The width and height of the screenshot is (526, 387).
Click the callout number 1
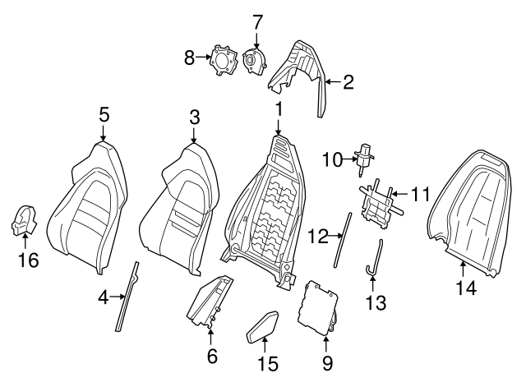[x=279, y=108]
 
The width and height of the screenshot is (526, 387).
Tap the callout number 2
[x=348, y=81]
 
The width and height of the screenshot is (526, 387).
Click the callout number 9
[x=327, y=362]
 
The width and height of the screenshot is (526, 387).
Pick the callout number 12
[x=318, y=237]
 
